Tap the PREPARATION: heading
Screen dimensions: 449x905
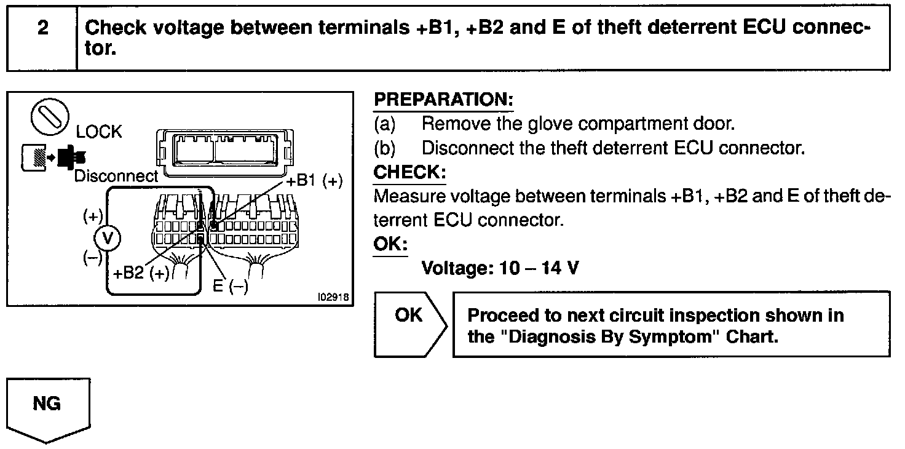(443, 100)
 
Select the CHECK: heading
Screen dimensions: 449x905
(409, 172)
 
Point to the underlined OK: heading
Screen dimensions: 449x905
(390, 244)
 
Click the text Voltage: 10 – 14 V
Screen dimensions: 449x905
(499, 268)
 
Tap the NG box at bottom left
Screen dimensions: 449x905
(47, 404)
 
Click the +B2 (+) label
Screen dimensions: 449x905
(141, 274)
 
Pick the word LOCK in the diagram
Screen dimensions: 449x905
(99, 132)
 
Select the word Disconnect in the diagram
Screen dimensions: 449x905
(116, 176)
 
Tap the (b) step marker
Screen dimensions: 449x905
(385, 148)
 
